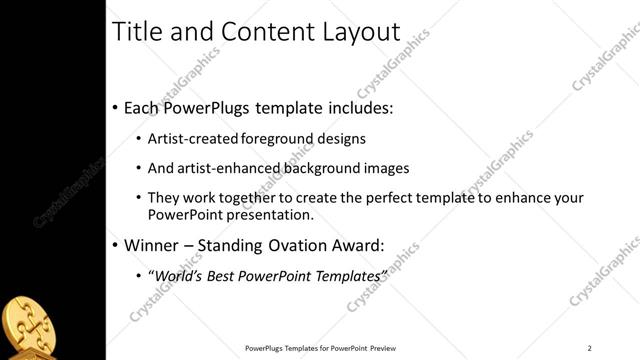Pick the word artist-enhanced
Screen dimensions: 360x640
click(228, 168)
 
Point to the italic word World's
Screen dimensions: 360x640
click(177, 274)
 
